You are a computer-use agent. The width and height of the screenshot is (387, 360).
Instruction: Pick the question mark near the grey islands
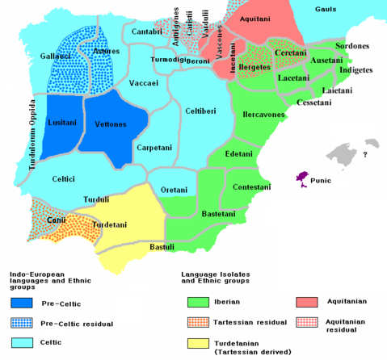365,154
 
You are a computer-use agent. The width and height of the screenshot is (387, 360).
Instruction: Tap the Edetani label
240,153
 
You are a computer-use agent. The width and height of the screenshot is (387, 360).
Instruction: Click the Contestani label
251,186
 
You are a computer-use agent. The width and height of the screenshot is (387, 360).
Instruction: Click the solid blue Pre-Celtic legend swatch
22,304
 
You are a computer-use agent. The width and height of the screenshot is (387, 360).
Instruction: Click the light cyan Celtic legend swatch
22,343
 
